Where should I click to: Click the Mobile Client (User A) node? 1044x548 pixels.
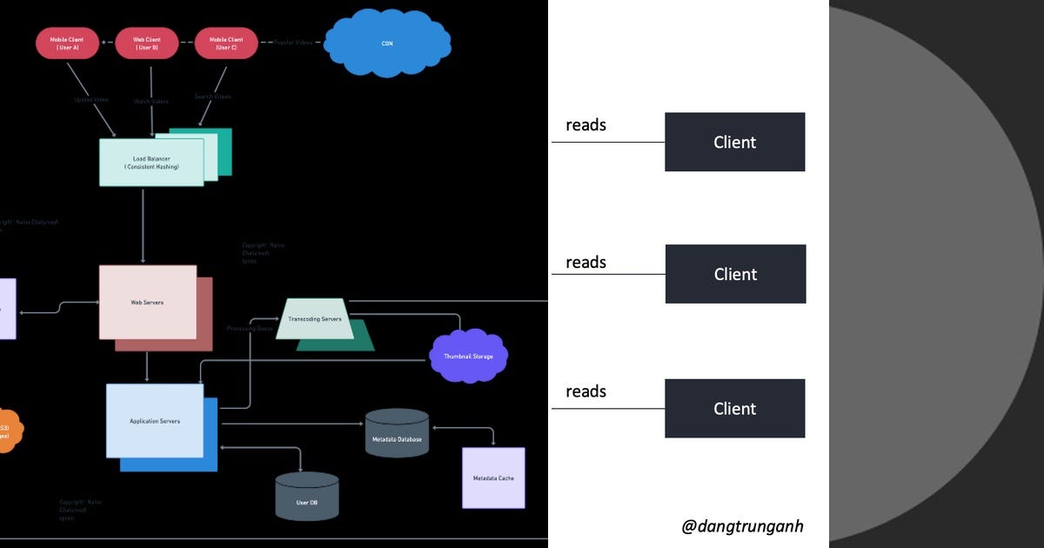coord(68,43)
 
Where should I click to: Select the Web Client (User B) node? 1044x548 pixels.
coord(147,43)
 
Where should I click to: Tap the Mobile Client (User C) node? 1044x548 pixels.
coord(226,43)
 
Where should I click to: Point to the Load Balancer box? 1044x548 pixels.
coord(151,162)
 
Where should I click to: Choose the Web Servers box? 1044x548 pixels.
coord(147,302)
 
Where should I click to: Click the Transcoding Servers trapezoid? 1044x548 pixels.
coord(315,319)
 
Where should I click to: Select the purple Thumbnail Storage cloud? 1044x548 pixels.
coord(469,356)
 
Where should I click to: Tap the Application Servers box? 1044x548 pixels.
coord(154,420)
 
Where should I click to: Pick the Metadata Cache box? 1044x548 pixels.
coord(493,478)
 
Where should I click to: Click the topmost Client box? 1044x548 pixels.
coord(734,142)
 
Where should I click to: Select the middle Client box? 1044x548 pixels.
coord(735,274)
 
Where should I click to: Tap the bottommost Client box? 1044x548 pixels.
coord(734,409)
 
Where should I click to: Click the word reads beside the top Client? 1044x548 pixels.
coord(586,125)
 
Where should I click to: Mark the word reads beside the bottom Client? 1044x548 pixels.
coord(586,391)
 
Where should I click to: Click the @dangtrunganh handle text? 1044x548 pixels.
coord(743,525)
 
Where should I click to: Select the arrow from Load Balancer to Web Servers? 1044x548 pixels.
coord(144,226)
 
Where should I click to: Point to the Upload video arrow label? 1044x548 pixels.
coord(90,100)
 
